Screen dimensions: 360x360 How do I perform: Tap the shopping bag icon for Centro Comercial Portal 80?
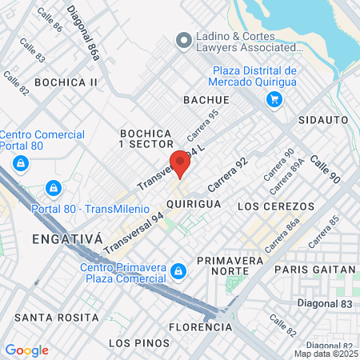tap(21, 164)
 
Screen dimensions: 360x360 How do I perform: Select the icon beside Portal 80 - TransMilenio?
tap(53, 188)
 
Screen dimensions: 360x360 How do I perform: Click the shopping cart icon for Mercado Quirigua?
tap(274, 99)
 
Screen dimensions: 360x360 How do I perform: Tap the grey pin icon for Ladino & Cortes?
tap(183, 38)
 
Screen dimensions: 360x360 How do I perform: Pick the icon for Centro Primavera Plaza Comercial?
tap(180, 273)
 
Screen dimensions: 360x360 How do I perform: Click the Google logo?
tap(26, 350)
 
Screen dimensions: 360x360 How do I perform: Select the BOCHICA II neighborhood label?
tap(66, 82)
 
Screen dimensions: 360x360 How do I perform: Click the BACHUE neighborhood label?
tap(206, 100)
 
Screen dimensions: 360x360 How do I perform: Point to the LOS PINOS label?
tap(139, 343)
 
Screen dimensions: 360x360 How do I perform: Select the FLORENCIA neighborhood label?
tap(202, 327)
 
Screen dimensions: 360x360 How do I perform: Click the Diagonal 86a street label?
tap(86, 33)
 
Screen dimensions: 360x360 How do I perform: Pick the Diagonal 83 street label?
tap(318, 303)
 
